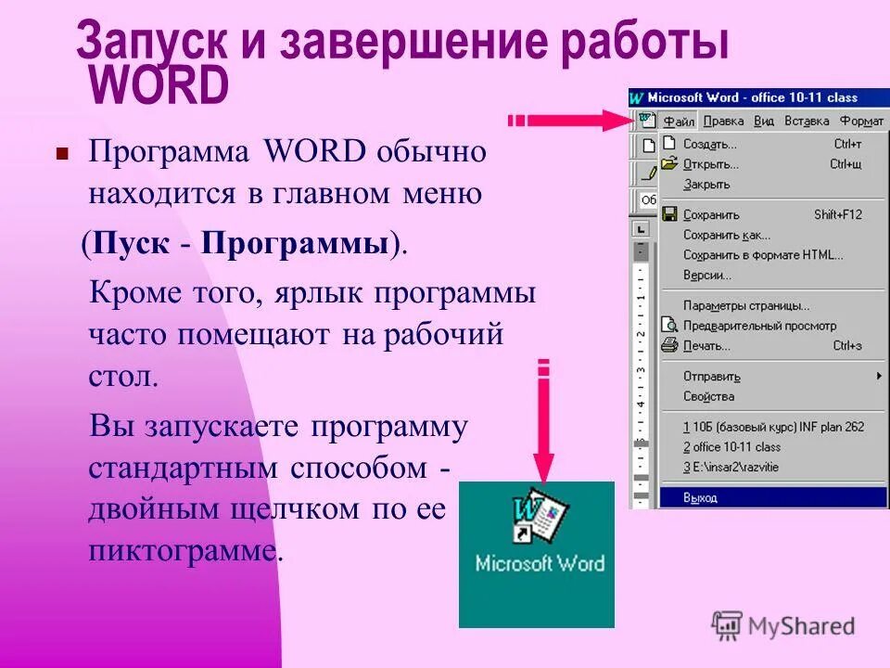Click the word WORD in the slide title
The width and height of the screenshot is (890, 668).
tap(159, 86)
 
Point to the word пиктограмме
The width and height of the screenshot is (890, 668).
tap(184, 551)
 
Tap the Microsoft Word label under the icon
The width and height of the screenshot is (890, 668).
tap(539, 563)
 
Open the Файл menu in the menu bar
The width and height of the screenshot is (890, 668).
tap(678, 121)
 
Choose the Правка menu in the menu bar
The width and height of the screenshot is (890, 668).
tap(723, 121)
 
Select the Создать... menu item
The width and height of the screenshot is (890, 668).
tap(709, 144)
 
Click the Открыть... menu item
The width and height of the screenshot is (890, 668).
tap(710, 164)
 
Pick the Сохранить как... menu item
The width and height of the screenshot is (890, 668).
tap(726, 235)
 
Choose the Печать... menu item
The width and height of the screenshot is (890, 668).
tap(706, 346)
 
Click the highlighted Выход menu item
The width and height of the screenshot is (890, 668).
tap(700, 497)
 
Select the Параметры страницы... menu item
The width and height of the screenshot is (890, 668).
tap(745, 305)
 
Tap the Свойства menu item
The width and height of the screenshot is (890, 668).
tap(708, 396)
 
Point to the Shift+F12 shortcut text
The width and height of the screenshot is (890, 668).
tap(837, 214)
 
